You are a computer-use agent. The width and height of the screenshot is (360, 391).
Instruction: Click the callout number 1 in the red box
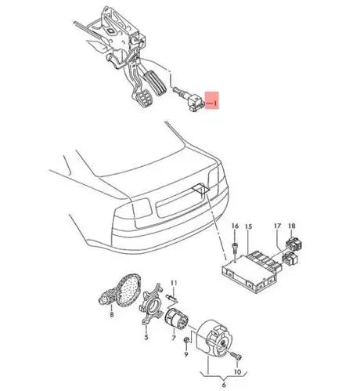click(217, 101)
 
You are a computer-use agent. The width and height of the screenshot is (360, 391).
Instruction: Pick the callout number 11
click(175, 282)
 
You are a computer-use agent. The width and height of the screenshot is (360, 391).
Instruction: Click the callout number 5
click(146, 338)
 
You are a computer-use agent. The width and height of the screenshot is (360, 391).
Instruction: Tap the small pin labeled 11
click(175, 299)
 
